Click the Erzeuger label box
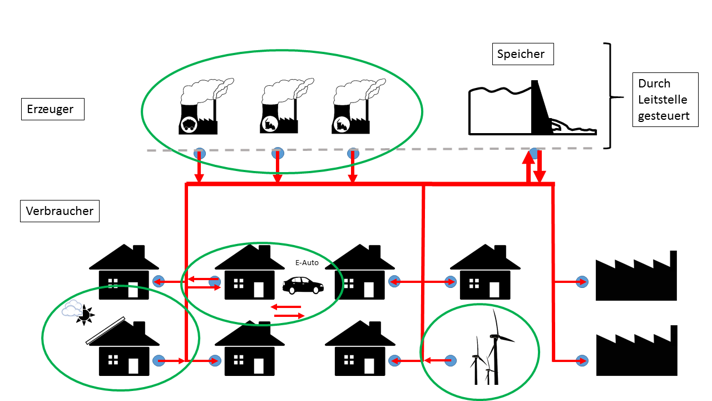(x=52, y=109)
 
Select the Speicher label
(x=523, y=54)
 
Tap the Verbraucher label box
(x=60, y=212)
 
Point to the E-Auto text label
(x=307, y=262)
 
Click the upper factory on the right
(x=636, y=278)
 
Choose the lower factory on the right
(x=636, y=352)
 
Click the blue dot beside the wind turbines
(x=449, y=361)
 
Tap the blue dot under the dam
(x=533, y=152)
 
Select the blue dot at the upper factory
(x=582, y=282)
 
